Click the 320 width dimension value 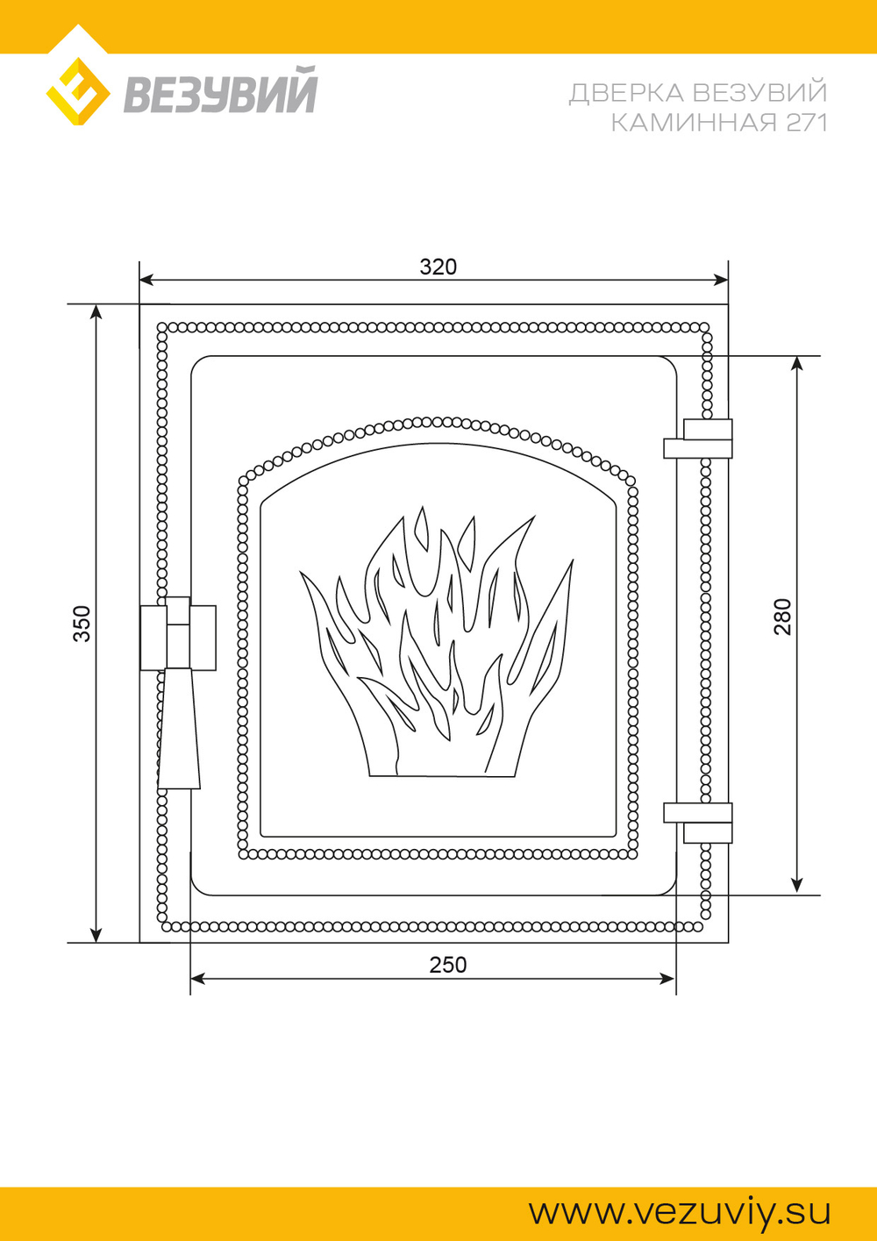click(438, 267)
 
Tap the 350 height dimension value click(82, 624)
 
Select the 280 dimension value click(782, 617)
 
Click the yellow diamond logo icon click(77, 91)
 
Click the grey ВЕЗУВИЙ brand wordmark click(220, 89)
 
